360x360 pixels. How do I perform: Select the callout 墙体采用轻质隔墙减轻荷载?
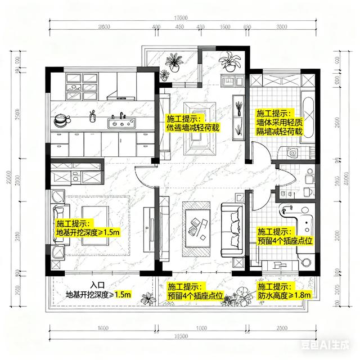279,122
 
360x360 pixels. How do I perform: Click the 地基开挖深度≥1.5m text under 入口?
98,294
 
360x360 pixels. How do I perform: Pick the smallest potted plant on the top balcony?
164,75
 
